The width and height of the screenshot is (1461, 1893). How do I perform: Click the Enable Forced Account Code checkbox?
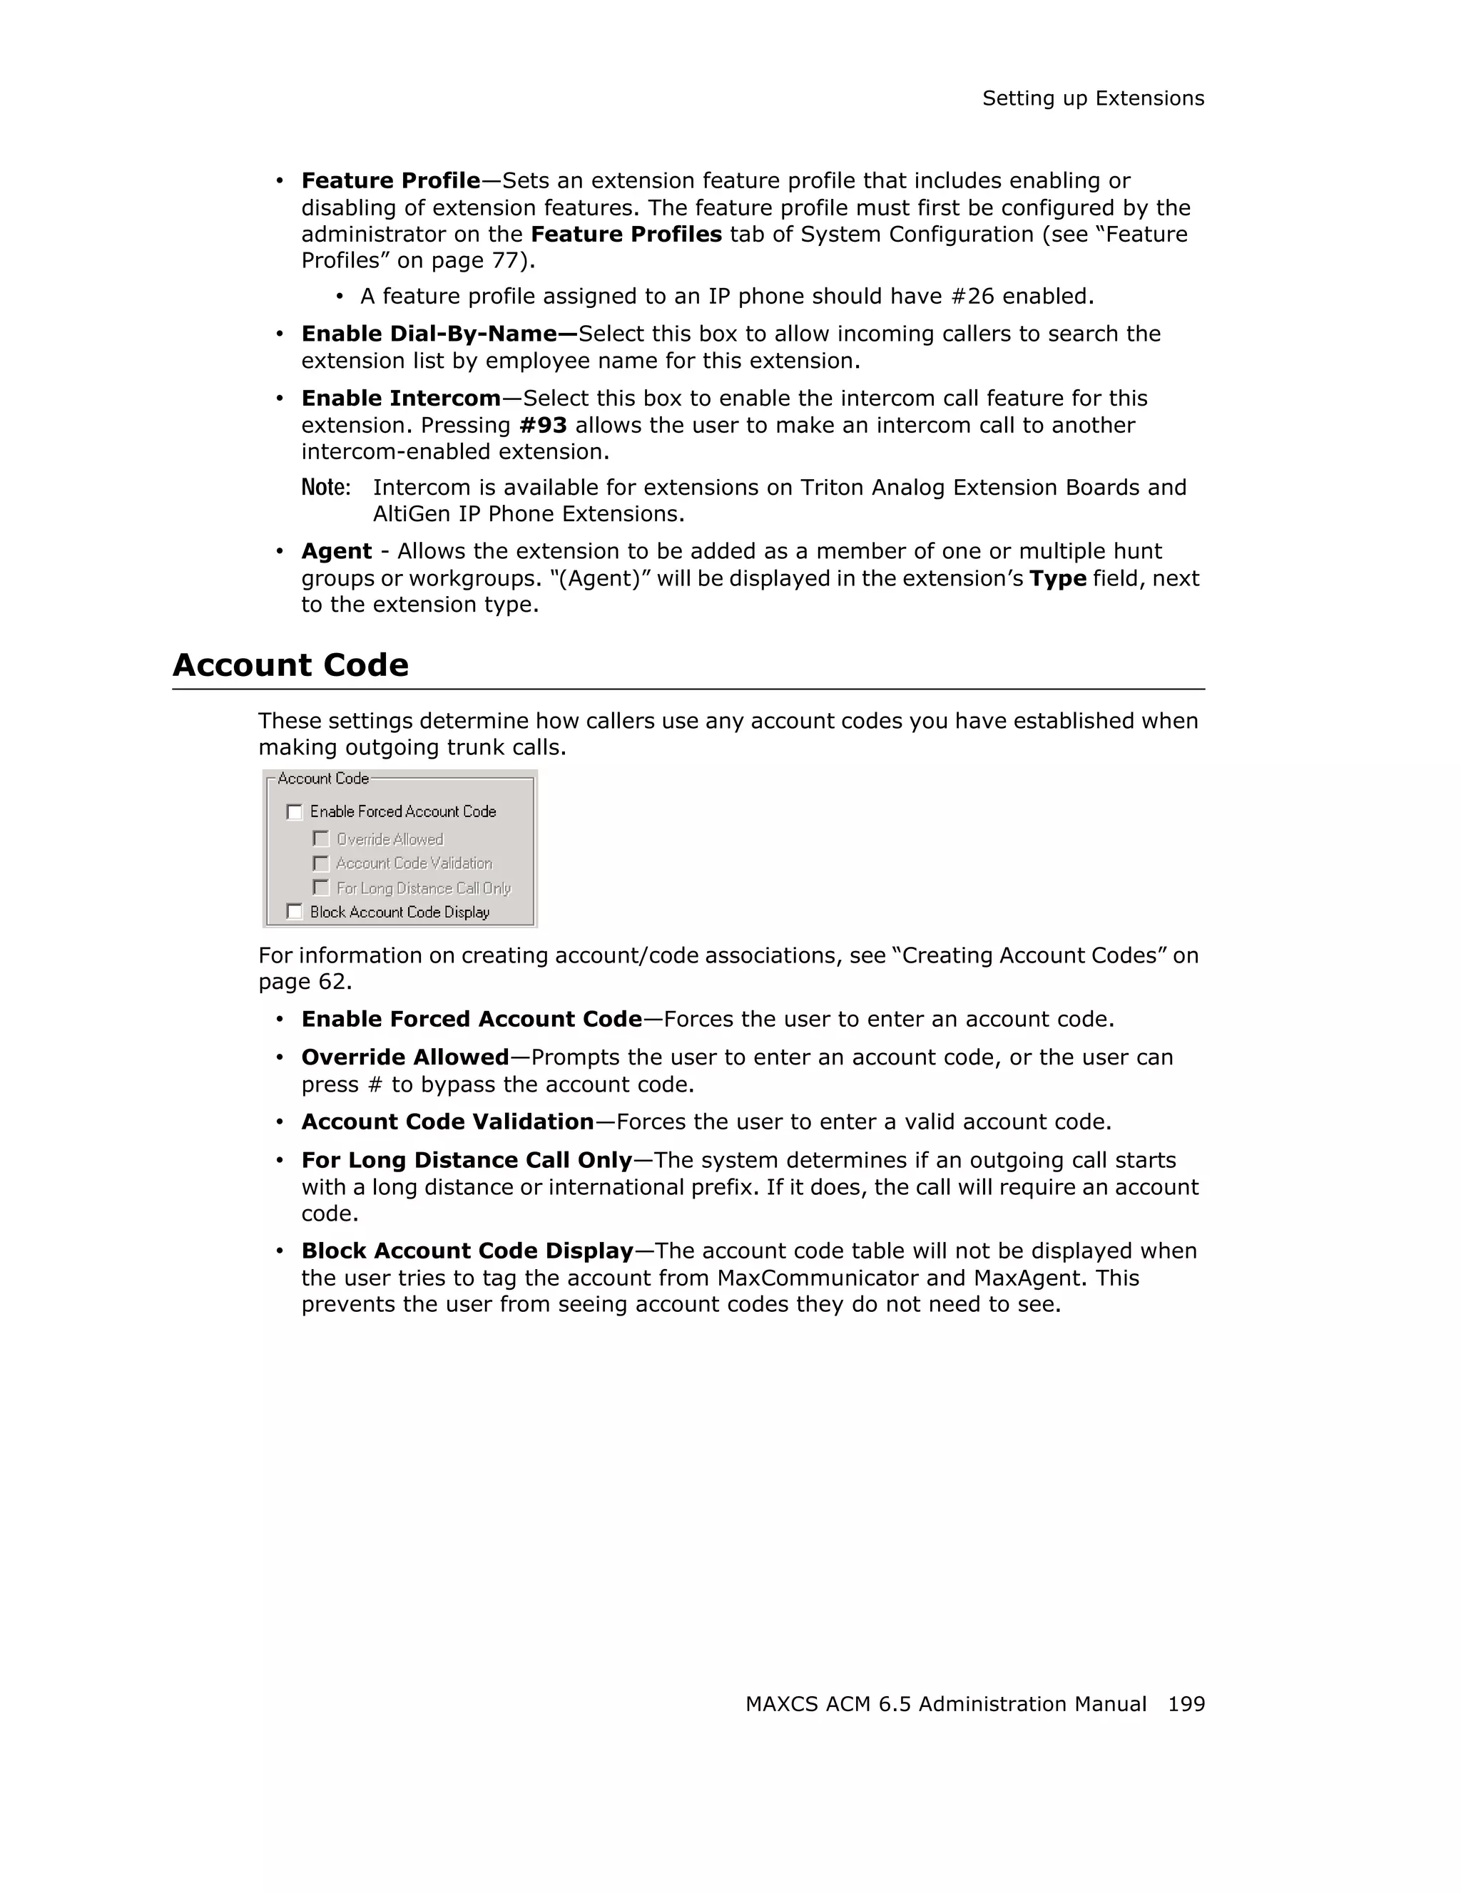(x=295, y=812)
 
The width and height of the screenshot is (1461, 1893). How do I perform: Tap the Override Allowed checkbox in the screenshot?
(x=322, y=839)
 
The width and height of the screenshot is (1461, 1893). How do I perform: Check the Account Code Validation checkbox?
(x=322, y=863)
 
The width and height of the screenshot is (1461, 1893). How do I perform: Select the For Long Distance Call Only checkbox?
(x=322, y=888)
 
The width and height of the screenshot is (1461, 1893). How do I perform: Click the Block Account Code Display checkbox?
(x=295, y=912)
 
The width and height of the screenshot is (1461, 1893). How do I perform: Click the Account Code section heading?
(x=290, y=665)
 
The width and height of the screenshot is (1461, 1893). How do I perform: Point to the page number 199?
(x=1186, y=1704)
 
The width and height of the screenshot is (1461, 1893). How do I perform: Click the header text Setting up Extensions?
(x=1092, y=99)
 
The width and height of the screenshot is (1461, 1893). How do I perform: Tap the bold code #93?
(x=543, y=426)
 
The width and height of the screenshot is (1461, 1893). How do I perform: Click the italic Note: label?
(x=325, y=488)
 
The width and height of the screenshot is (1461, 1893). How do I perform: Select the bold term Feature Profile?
(x=390, y=181)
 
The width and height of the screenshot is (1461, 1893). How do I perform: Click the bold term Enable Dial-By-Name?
(x=439, y=334)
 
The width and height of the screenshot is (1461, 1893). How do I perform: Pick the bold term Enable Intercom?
(x=401, y=399)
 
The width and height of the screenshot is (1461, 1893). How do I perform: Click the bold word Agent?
(x=337, y=552)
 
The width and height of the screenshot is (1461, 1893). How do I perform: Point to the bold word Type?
(x=1057, y=579)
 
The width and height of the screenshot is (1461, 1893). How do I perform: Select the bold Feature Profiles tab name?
(x=626, y=235)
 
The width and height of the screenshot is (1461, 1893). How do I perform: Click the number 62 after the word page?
(x=333, y=982)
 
